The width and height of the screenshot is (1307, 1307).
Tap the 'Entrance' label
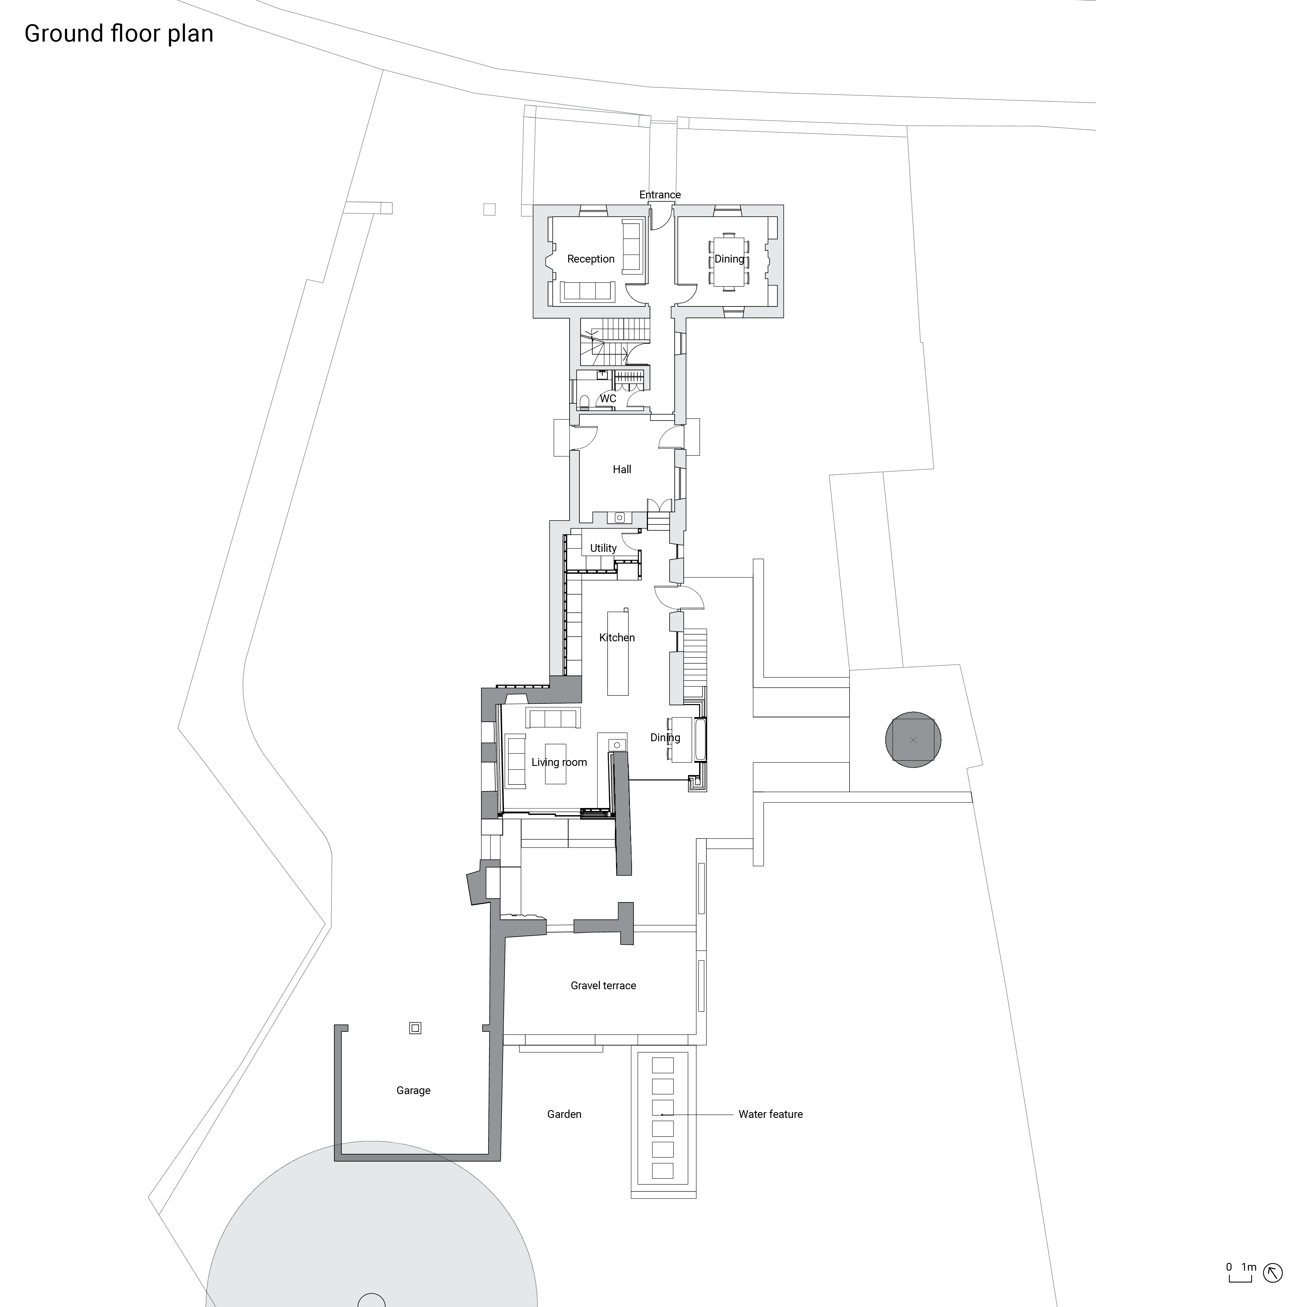660,195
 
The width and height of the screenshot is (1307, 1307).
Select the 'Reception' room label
590,259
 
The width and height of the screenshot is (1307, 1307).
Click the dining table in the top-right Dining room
729,261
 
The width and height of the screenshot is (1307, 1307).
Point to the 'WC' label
608,398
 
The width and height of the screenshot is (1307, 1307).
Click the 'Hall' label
622,469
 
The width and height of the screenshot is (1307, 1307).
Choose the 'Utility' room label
603,548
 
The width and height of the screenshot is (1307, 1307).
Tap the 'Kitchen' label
616,637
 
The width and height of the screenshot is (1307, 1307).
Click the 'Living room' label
559,762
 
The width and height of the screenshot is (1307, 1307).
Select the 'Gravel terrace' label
603,986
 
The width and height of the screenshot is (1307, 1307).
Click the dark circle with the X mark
913,740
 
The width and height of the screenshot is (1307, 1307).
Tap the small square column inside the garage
415,1028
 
